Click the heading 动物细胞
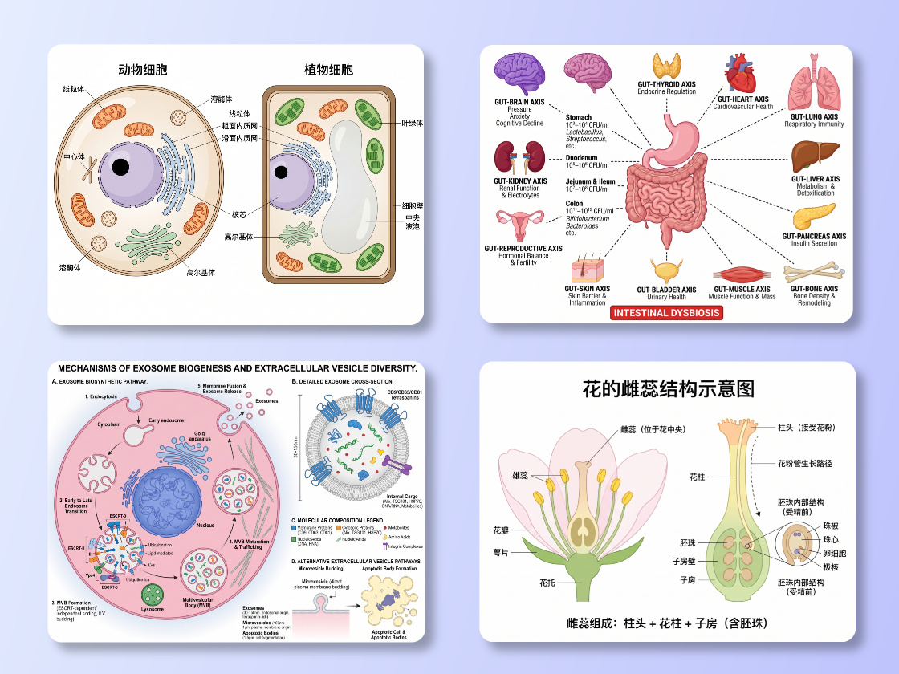(x=142, y=70)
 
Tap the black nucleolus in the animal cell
(x=120, y=167)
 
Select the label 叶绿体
(x=413, y=123)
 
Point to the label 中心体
(x=76, y=156)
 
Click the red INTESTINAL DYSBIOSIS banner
(x=666, y=312)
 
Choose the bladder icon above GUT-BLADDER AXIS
(x=666, y=270)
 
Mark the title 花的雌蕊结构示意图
(x=668, y=388)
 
